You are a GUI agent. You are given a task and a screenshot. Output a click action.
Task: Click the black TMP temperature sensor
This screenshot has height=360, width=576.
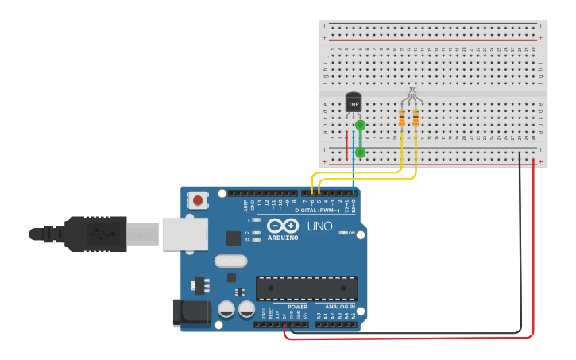coord(354,103)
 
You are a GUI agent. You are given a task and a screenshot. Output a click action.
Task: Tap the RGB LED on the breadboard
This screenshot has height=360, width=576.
coord(410,95)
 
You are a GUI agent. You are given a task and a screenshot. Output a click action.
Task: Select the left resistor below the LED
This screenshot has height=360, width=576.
coord(402,119)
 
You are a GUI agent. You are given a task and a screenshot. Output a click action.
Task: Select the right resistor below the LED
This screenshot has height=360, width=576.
coord(416,119)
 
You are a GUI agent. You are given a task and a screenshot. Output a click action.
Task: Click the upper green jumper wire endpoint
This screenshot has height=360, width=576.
coord(361,125)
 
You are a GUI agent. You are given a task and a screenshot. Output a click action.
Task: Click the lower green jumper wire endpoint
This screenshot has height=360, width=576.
coord(361,152)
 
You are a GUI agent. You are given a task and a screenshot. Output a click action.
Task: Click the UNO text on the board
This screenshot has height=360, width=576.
coord(319,226)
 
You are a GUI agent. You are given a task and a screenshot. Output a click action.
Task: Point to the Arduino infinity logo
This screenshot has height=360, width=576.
coord(283,226)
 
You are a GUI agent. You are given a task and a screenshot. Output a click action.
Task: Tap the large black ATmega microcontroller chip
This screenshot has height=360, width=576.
coord(306,288)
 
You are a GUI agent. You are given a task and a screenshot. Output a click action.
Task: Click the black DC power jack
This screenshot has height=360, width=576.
coord(191,312)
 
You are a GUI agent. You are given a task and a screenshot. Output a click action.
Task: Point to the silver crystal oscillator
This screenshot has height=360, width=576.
coord(230,261)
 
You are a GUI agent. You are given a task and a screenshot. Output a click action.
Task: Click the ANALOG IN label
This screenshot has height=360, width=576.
coord(340,306)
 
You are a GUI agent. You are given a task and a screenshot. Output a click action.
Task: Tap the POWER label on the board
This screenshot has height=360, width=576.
coord(297,306)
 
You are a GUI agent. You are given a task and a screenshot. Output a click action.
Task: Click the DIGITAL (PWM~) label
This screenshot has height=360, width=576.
coord(317,211)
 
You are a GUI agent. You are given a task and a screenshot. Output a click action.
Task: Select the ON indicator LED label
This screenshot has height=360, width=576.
coord(350,233)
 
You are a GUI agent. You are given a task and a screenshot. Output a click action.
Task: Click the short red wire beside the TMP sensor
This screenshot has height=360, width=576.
coord(346,145)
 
